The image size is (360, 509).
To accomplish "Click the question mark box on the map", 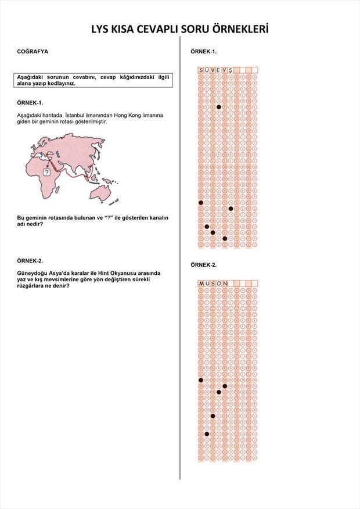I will click(46, 172).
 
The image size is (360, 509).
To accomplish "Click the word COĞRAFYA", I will click(33, 52).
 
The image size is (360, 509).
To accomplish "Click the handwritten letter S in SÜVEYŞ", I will click(201, 70).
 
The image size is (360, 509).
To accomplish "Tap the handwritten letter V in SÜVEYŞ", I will click(213, 70).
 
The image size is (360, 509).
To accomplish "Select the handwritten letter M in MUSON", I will click(201, 284).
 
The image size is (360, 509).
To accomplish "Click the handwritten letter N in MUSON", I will click(225, 284).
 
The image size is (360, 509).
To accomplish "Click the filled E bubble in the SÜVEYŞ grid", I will click(219, 107).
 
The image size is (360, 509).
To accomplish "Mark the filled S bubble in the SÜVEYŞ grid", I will click(201, 202).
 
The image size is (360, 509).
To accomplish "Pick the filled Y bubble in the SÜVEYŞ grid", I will click(225, 238).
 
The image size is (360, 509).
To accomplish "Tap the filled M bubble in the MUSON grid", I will click(201, 380).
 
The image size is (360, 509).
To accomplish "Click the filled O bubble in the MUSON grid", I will click(219, 392).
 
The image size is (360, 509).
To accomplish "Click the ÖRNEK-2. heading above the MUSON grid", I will click(203, 265).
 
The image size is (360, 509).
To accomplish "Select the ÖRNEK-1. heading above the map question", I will click(30, 102).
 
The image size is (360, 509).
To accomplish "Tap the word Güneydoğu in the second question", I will click(33, 273).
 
